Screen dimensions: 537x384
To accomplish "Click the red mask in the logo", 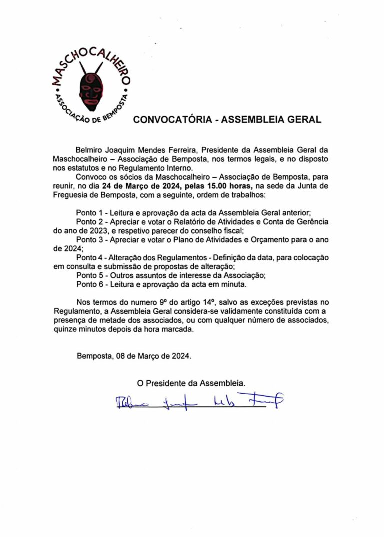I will click(91, 89).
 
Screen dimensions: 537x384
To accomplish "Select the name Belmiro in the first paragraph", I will click(90, 150).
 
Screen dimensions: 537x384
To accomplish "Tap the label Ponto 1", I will click(90, 212).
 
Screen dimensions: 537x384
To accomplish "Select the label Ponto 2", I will click(90, 221).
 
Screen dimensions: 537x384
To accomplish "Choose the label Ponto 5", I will click(90, 275).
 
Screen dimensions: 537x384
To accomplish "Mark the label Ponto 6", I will click(90, 284).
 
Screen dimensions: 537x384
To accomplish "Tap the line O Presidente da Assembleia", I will click(192, 384).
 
